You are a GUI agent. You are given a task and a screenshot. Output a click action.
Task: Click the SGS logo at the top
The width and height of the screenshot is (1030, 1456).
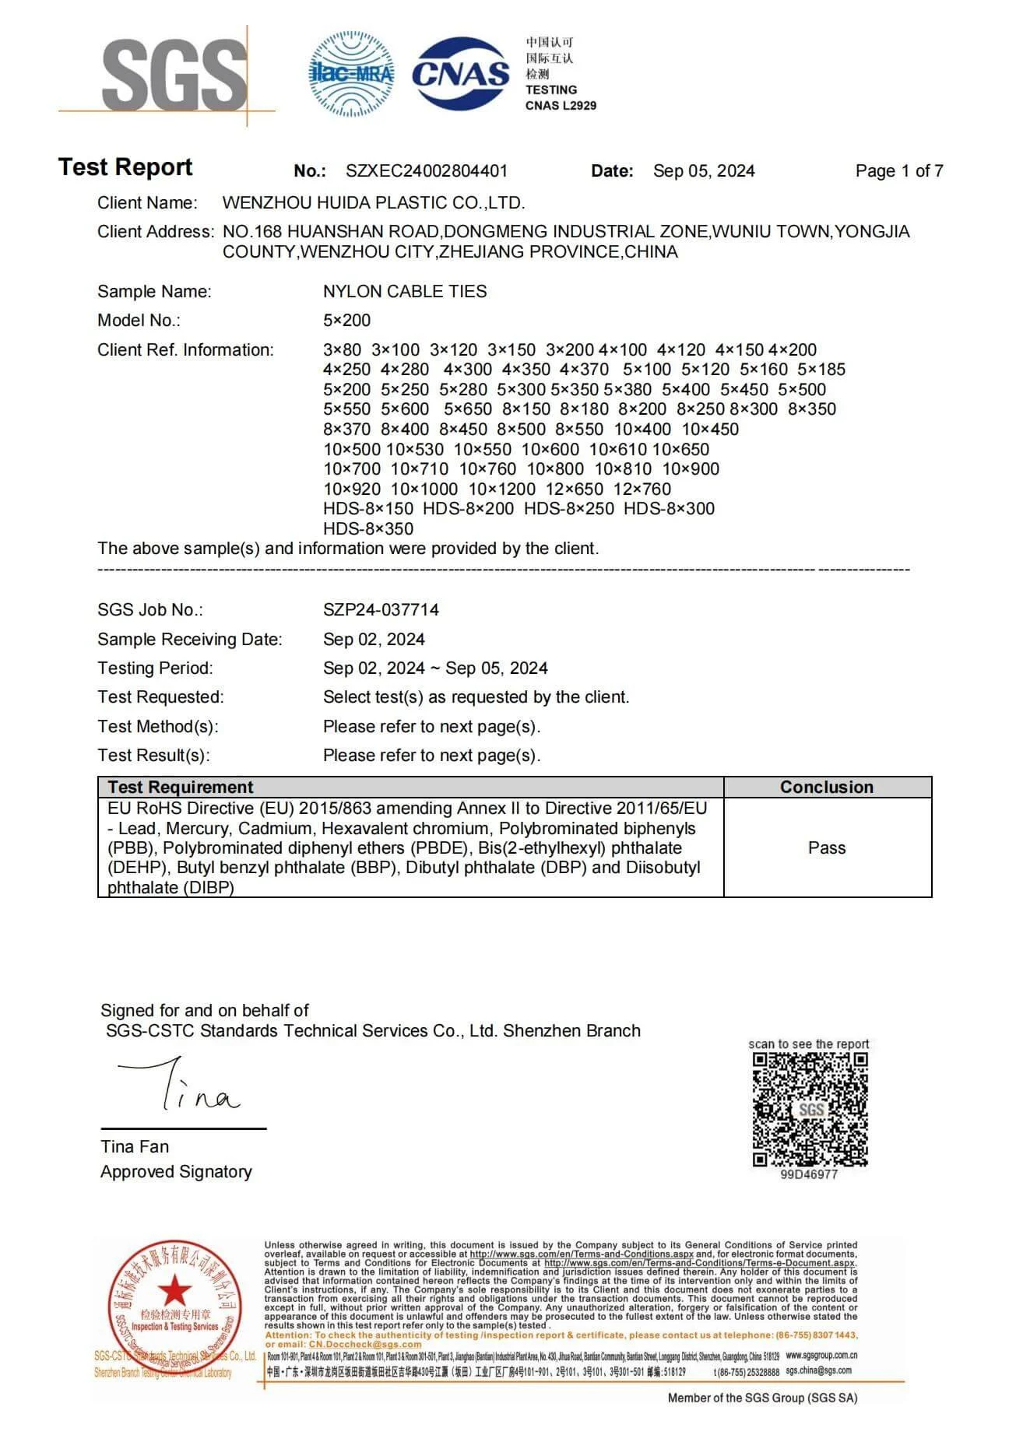[x=174, y=75]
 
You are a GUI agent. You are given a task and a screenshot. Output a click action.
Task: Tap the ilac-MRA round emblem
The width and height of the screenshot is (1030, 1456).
[x=351, y=74]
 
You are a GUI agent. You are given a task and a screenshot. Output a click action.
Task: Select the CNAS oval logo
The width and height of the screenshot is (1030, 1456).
[x=460, y=74]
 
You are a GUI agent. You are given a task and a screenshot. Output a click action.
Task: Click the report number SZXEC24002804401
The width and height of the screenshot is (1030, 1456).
[x=427, y=171]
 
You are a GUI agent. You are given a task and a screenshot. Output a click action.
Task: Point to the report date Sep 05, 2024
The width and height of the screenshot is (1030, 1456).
[x=704, y=171]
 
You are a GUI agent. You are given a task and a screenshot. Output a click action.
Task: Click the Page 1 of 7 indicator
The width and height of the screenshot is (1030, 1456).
[x=899, y=171]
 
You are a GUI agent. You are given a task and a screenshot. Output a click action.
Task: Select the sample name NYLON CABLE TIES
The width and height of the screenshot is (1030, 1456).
[x=405, y=292]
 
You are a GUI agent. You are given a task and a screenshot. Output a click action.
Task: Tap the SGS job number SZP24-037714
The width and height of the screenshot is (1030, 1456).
[x=381, y=610]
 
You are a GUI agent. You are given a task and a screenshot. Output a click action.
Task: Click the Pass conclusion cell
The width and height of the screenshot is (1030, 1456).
[x=827, y=847]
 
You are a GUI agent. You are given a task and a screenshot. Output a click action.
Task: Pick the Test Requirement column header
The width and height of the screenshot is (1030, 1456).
[x=181, y=787]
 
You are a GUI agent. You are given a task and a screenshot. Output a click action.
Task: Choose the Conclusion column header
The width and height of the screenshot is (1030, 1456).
[x=827, y=787]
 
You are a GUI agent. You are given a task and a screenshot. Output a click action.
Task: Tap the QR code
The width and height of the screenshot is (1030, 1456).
[x=810, y=1109]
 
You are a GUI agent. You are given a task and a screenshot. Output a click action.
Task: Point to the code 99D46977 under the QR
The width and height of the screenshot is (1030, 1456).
[x=809, y=1174]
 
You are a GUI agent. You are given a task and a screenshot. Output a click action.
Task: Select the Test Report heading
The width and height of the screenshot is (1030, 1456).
[x=125, y=167]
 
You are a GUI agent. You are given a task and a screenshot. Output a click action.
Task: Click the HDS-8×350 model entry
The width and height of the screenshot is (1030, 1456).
[x=368, y=529]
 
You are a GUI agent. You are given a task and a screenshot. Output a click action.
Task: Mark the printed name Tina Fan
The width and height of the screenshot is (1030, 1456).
[x=135, y=1147]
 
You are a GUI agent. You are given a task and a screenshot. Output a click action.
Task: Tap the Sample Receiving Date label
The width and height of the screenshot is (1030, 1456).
[x=190, y=640]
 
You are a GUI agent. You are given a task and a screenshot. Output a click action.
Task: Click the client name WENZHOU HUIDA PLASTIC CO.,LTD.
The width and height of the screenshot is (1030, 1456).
[x=374, y=203]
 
